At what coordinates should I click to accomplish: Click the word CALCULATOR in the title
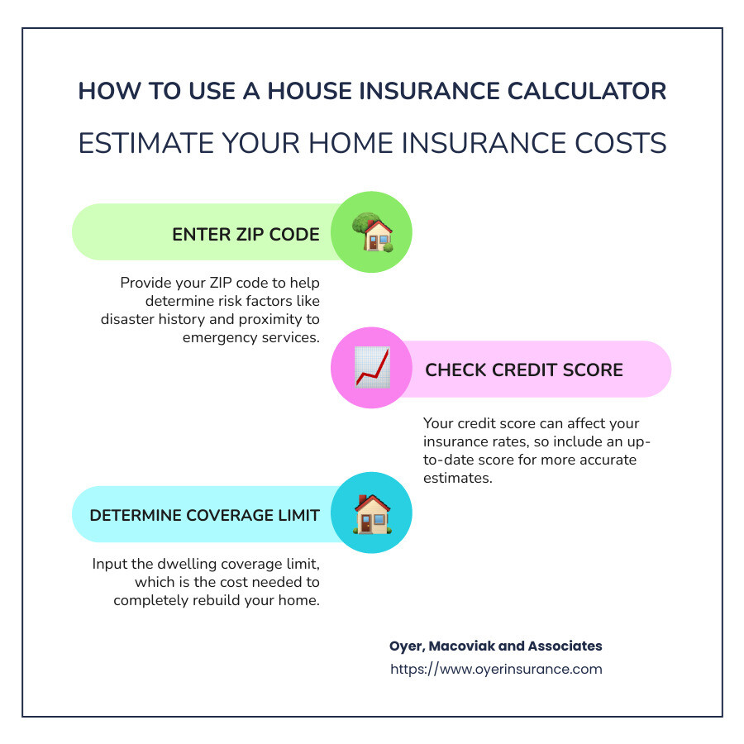586,91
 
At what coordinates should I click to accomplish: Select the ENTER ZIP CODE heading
246,235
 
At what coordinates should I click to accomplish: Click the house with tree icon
373,231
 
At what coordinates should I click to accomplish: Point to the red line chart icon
373,368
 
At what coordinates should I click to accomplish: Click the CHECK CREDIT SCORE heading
524,370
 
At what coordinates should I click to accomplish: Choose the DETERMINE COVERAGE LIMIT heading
204,515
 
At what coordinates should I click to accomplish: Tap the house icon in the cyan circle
373,514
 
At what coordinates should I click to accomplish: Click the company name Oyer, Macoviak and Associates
496,646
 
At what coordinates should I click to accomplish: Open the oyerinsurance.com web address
496,669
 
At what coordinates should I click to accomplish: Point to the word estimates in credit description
458,478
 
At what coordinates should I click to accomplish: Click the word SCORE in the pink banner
593,370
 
